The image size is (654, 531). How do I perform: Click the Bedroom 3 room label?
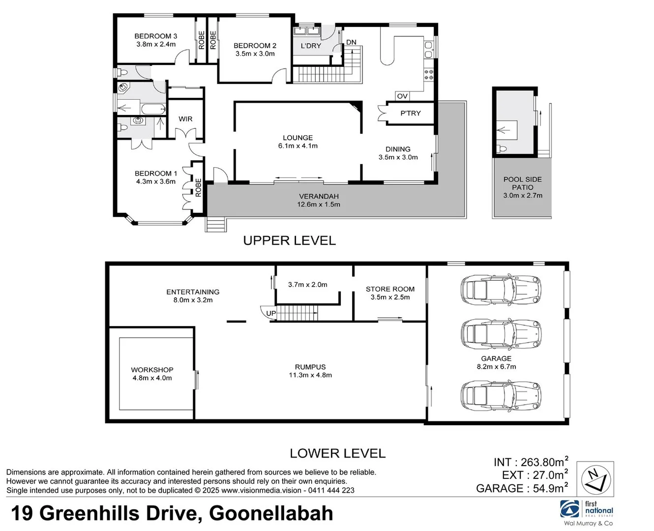point(155,36)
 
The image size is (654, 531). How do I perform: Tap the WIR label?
point(185,119)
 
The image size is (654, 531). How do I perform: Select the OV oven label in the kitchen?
point(402,96)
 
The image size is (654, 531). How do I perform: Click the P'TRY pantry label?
point(410,113)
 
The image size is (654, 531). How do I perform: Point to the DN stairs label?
point(351,42)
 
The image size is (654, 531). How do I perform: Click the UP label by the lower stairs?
point(271,313)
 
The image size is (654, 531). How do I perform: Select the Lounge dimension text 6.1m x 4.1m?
point(297,146)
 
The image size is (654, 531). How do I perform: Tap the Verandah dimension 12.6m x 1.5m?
point(319,205)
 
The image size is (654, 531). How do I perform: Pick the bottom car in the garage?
point(501,396)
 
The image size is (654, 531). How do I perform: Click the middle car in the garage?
point(501,335)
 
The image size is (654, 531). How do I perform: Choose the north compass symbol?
point(595,478)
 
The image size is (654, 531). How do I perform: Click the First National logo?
point(588,511)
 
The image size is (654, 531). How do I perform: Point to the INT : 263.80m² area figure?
point(531,462)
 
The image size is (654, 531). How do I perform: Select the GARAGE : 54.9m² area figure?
point(522,488)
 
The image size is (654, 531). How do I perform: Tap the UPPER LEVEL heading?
point(289,240)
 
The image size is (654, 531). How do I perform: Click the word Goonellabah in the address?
point(271,513)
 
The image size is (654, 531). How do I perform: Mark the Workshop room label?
point(152,370)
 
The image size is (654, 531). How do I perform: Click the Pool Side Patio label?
point(522,183)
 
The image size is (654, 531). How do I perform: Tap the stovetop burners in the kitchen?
point(429,74)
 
